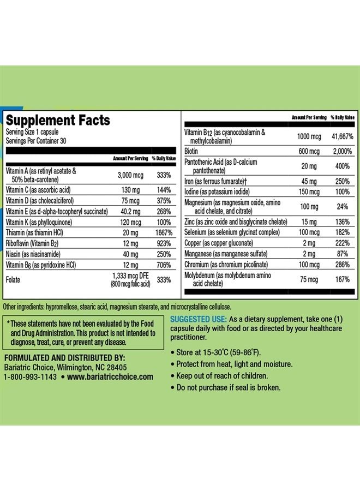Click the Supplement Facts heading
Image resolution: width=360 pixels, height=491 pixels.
click(58, 120)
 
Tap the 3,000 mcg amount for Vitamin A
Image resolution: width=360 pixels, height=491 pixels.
click(130, 175)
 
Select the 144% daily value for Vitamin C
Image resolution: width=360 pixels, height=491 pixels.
click(164, 190)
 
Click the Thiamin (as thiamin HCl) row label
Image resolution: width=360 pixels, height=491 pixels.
click(34, 232)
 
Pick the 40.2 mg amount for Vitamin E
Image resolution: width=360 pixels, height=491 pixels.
click(130, 212)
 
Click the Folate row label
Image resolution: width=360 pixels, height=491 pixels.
click(13, 280)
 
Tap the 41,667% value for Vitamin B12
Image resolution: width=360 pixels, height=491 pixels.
click(343, 136)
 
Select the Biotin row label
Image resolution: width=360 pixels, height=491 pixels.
click(191, 151)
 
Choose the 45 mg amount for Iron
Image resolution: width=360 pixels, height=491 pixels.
click(309, 182)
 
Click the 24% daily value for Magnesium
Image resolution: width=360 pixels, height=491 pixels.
click(343, 207)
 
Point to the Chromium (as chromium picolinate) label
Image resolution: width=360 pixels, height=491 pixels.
click(226, 265)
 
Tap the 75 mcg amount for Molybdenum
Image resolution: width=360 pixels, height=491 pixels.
click(309, 279)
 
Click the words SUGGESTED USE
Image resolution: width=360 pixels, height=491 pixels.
click(198, 319)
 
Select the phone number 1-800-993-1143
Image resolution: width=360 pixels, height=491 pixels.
click(30, 376)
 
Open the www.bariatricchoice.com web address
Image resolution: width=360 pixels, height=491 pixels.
click(110, 376)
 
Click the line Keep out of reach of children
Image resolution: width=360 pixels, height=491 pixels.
click(222, 376)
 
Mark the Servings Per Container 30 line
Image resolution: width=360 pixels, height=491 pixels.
click(36, 141)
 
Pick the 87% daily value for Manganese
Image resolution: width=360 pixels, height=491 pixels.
click(343, 254)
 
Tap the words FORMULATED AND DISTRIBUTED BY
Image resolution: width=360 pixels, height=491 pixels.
click(65, 358)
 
